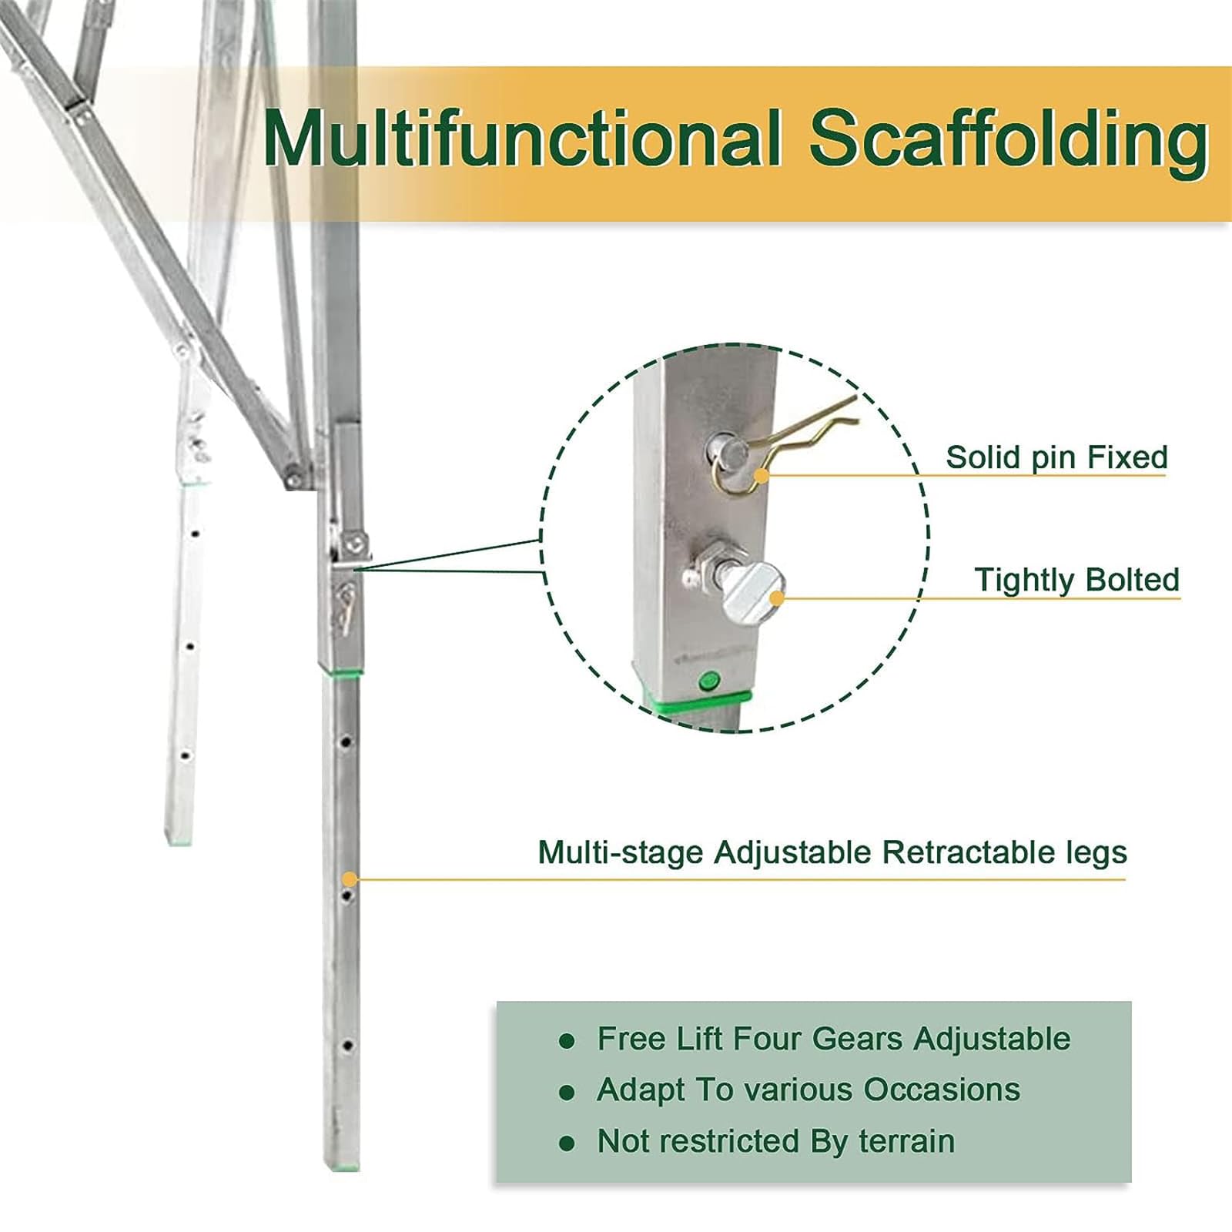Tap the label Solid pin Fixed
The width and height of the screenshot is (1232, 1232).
1056,457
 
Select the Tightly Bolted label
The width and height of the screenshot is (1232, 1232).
1076,580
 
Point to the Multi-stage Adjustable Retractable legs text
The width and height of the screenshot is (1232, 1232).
832,853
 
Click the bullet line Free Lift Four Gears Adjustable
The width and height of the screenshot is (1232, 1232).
834,1039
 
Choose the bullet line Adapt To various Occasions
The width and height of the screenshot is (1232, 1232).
808,1090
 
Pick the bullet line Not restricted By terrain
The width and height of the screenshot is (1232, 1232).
775,1141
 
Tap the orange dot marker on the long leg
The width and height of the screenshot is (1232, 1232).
350,879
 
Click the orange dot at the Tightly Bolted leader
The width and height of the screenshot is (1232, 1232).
778,598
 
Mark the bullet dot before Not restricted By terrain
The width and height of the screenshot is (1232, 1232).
567,1144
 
